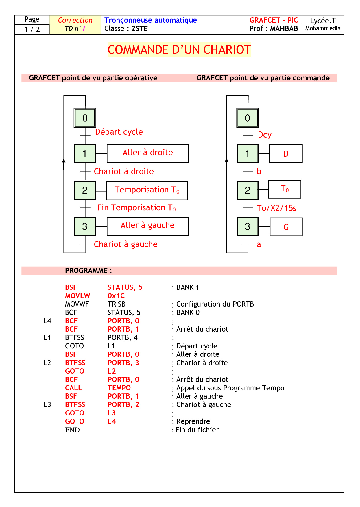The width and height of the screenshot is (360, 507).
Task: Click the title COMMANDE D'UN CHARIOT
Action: click(179, 50)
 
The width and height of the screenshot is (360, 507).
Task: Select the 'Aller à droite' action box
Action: click(147, 153)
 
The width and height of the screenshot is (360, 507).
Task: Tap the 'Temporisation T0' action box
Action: click(147, 190)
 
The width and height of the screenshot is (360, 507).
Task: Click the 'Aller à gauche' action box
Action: click(147, 226)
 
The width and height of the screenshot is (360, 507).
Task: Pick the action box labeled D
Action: click(286, 153)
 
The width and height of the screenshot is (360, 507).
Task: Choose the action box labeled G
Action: click(286, 227)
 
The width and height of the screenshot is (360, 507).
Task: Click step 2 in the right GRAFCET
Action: click(248, 190)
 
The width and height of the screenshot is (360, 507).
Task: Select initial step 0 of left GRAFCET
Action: click(85, 118)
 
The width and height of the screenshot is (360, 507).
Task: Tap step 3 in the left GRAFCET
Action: click(85, 226)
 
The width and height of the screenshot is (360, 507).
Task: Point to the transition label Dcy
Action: click(265, 135)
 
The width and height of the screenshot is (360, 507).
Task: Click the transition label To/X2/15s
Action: click(276, 208)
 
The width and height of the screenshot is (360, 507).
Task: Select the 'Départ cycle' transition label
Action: click(119, 132)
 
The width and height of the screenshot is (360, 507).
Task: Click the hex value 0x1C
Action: click(116, 296)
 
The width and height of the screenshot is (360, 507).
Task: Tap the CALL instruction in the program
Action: click(73, 388)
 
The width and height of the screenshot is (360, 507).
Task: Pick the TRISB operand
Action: click(116, 304)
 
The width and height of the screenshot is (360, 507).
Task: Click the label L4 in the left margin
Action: click(47, 321)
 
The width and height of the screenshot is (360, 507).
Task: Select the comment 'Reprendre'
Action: click(193, 421)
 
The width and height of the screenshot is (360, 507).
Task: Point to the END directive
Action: click(72, 430)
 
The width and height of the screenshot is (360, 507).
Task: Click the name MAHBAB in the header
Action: click(284, 28)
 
